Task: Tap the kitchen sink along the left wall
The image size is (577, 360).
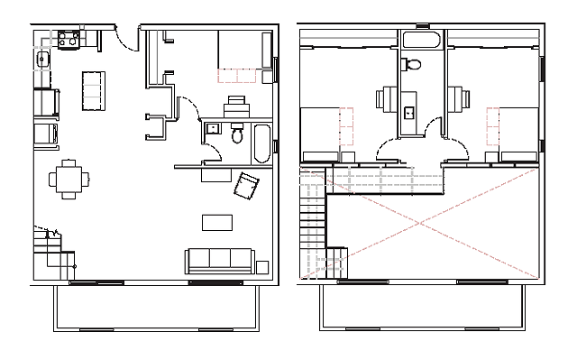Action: [x=42, y=60]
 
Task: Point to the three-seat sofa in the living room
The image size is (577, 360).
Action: [x=219, y=261]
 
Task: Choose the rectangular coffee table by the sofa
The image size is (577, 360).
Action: [x=217, y=222]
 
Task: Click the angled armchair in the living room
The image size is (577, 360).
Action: [x=247, y=188]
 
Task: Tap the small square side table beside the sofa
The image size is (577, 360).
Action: [x=262, y=266]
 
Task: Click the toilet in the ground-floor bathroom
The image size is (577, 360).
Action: [x=237, y=135]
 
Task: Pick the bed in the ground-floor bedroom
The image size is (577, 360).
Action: [x=243, y=55]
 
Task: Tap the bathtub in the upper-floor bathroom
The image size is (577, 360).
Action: [x=421, y=41]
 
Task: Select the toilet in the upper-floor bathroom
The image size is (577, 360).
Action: [x=413, y=64]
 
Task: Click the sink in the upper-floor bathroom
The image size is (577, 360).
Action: [x=408, y=113]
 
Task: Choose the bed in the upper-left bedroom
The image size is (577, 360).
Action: [x=321, y=132]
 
